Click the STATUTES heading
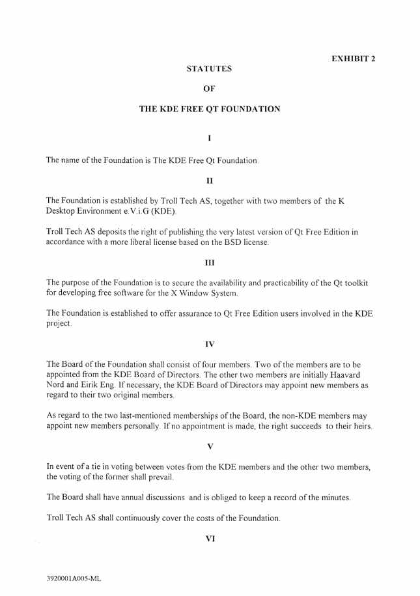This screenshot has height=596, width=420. pos(209,68)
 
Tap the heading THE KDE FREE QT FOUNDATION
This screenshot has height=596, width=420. pos(210,109)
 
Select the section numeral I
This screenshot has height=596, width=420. pos(209,137)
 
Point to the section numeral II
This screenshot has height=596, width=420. pos(209,178)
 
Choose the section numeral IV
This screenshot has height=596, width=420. pos(209,344)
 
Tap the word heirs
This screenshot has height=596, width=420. pos(360,426)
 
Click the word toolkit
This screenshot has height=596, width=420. pos(356,283)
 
